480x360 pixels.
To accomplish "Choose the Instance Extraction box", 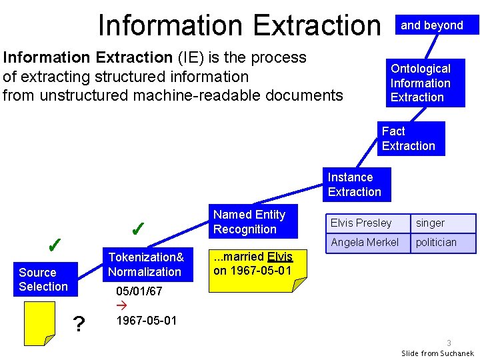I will [357, 185].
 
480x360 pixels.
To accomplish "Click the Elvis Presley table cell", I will [367, 223].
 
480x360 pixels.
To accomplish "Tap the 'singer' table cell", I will [445, 223].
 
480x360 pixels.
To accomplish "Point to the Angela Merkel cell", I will [367, 243].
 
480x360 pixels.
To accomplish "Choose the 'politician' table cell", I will [445, 243].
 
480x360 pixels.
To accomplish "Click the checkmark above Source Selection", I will [56, 245].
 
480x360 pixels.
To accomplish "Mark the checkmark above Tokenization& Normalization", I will [139, 229].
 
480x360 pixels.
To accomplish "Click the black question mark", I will [79, 325].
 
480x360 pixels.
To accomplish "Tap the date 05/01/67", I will [139, 291].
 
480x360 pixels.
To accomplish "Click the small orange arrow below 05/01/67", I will [121, 306].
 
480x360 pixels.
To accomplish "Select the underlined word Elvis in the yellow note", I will [279, 257].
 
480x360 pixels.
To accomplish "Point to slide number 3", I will [449, 343].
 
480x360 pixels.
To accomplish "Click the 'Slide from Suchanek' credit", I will [437, 353].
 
